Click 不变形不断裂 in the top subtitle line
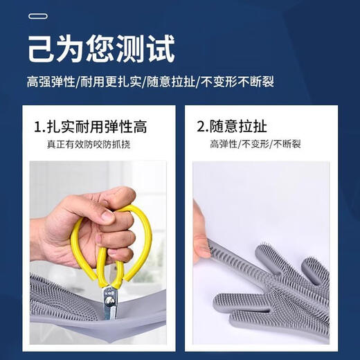pyautogui.click(x=236, y=82)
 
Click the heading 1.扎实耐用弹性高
pyautogui.click(x=90, y=127)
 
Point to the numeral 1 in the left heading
pyautogui.click(x=38, y=127)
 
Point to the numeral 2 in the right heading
pyautogui.click(x=201, y=127)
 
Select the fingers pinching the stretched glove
pyautogui.click(x=201, y=239)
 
